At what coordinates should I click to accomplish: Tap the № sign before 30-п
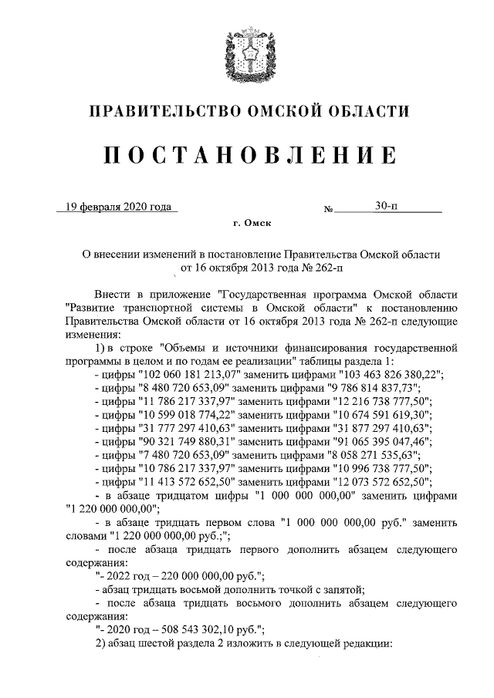328,208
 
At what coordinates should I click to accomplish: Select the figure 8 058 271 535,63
359,455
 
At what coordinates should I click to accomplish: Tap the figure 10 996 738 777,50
373,468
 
